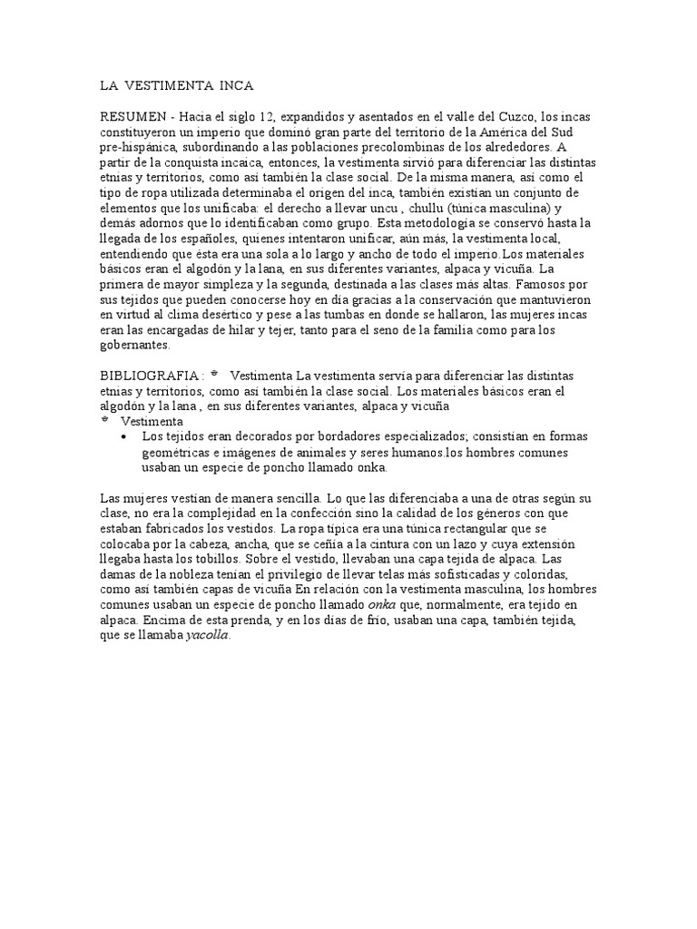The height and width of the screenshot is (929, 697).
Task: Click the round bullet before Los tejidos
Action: point(123,437)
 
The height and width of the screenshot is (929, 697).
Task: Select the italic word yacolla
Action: point(208,635)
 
